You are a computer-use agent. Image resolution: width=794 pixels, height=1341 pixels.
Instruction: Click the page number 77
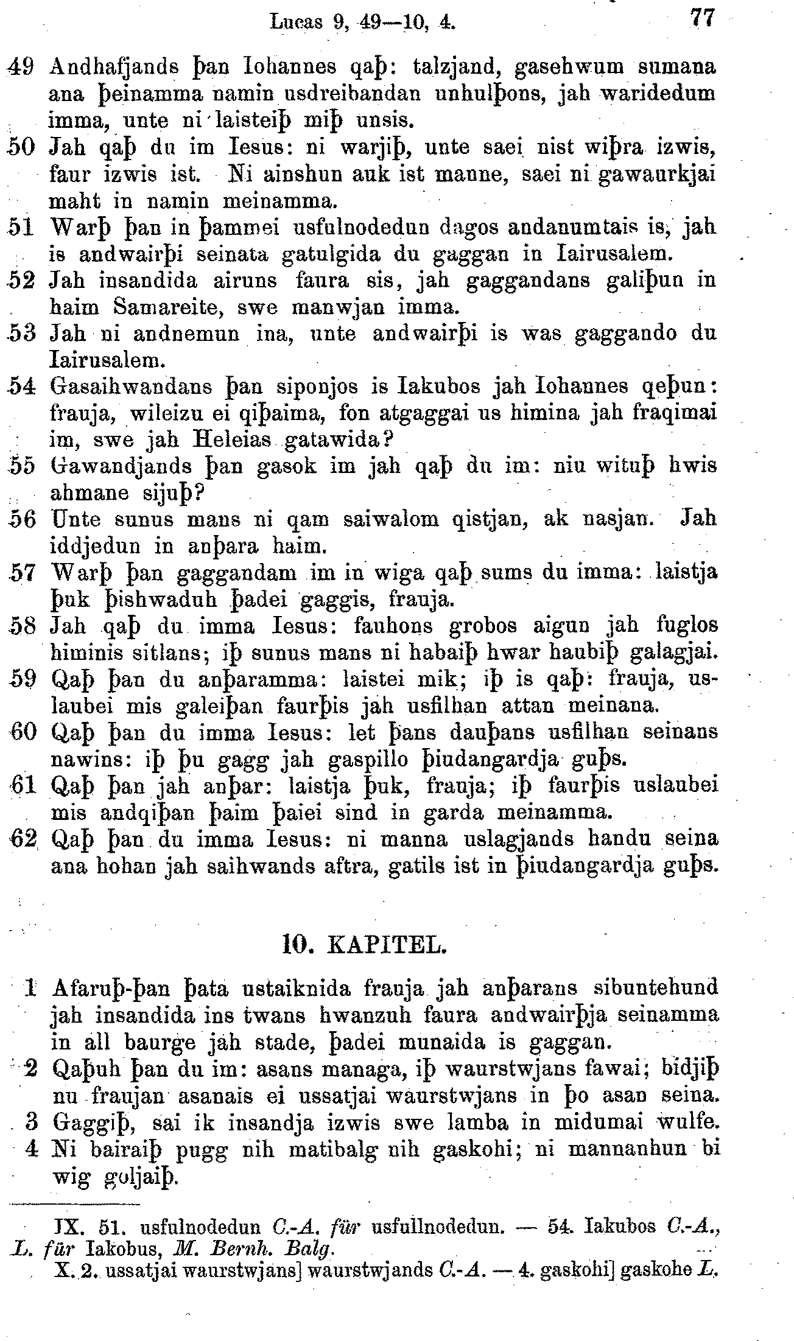click(x=703, y=18)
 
